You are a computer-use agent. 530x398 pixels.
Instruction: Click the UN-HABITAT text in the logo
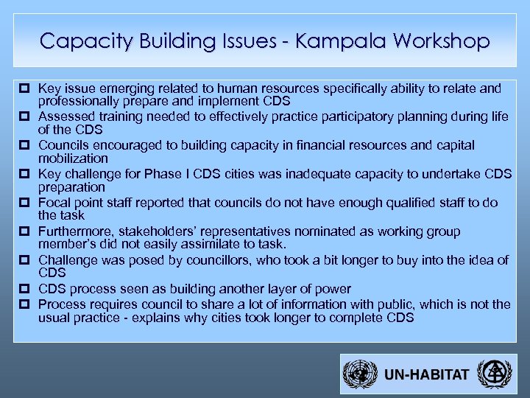[x=426, y=374]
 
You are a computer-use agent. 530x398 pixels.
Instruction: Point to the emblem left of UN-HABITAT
[x=360, y=374]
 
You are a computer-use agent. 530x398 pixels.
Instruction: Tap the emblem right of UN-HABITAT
[x=492, y=374]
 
